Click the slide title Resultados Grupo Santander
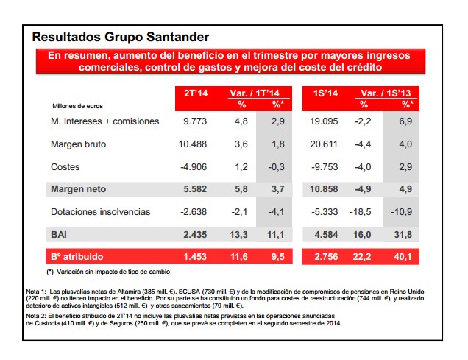(121, 36)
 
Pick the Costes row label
(65, 166)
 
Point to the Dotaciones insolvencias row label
(100, 212)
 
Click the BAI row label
(60, 234)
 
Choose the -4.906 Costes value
(193, 166)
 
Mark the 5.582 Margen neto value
(195, 189)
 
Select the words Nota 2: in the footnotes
(37, 314)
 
